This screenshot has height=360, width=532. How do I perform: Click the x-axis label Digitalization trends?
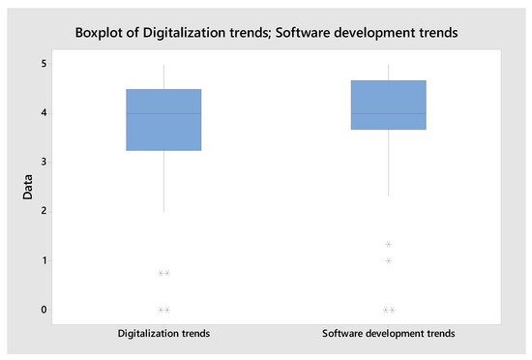pyautogui.click(x=163, y=334)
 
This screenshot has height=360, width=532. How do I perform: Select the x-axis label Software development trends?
pyautogui.click(x=388, y=334)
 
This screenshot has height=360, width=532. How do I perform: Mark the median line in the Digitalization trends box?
pyautogui.click(x=163, y=113)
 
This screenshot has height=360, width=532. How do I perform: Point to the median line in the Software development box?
pyautogui.click(x=388, y=113)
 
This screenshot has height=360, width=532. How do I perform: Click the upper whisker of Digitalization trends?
pyautogui.click(x=163, y=77)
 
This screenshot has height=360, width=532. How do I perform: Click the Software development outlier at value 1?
pyautogui.click(x=388, y=260)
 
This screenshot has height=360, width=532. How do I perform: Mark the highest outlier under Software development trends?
pyautogui.click(x=388, y=244)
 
